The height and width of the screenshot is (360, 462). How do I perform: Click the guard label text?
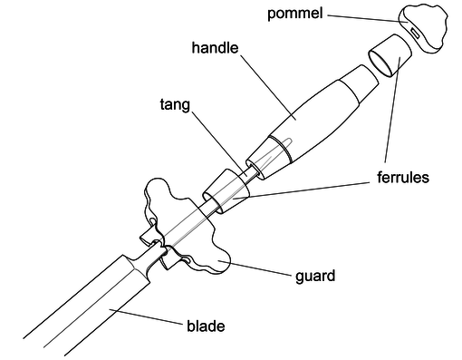pyautogui.click(x=316, y=275)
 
